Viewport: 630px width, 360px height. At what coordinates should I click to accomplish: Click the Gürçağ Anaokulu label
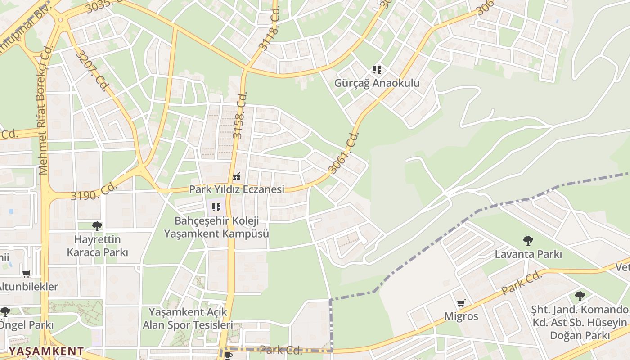[x=377, y=83]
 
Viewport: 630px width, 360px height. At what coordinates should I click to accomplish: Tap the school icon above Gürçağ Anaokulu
[x=377, y=70]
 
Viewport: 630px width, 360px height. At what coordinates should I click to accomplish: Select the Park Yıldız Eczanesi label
[x=237, y=189]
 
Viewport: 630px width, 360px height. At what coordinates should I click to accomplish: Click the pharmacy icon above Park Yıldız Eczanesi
[x=237, y=176]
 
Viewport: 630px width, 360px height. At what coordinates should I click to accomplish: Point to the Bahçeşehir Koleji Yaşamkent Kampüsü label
[x=216, y=227]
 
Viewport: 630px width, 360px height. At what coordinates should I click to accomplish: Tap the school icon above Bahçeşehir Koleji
[x=216, y=207]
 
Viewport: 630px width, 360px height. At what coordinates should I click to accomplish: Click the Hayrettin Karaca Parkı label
[x=97, y=246]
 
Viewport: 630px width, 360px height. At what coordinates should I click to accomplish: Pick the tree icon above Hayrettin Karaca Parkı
[x=97, y=226]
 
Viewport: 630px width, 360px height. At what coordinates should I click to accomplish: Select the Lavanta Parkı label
[x=528, y=254]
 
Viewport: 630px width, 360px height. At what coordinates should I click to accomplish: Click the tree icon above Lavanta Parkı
[x=528, y=241]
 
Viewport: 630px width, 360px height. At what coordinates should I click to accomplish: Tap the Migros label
[x=461, y=316]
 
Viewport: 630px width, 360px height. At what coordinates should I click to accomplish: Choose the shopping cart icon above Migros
[x=461, y=303]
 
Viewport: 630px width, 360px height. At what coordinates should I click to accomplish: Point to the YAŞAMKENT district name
[x=46, y=351]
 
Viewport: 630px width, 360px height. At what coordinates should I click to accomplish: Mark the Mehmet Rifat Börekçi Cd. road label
[x=44, y=112]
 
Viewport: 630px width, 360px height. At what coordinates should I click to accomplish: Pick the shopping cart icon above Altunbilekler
[x=27, y=274]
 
